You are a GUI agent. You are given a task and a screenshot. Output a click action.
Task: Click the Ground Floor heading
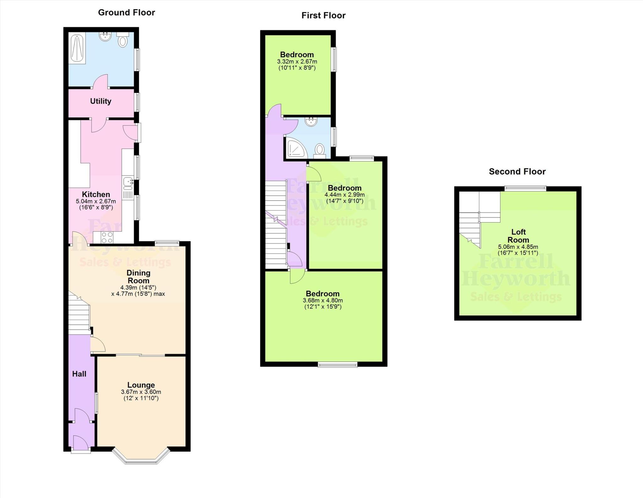click(x=127, y=13)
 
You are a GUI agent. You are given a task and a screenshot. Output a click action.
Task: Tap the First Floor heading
click(x=323, y=15)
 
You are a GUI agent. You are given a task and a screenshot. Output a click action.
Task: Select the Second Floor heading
click(x=517, y=171)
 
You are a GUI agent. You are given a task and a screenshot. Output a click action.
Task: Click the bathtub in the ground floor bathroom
click(x=77, y=49)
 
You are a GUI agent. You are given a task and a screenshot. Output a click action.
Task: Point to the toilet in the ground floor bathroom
click(x=123, y=40)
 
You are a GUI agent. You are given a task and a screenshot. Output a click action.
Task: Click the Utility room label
click(x=100, y=101)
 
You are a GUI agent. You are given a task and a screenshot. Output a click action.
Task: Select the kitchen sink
click(x=128, y=182)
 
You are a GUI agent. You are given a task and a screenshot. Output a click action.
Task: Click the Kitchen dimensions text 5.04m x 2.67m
click(x=96, y=201)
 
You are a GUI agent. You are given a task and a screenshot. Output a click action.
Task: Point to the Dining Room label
click(x=138, y=276)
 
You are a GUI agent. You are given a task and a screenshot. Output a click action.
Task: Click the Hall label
click(x=79, y=374)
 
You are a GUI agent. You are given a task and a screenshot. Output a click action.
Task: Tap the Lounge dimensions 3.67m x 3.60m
click(x=141, y=392)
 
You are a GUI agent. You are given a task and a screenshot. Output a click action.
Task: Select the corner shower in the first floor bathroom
click(x=296, y=148)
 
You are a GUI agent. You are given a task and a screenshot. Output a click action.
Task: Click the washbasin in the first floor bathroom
click(x=312, y=122)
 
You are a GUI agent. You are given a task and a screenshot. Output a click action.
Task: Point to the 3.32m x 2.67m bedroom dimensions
click(x=297, y=62)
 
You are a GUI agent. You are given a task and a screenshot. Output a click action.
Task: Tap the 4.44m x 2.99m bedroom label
click(x=344, y=188)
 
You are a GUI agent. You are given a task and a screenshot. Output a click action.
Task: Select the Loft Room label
click(x=518, y=236)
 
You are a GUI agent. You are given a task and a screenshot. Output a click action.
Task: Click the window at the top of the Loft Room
click(x=525, y=188)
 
